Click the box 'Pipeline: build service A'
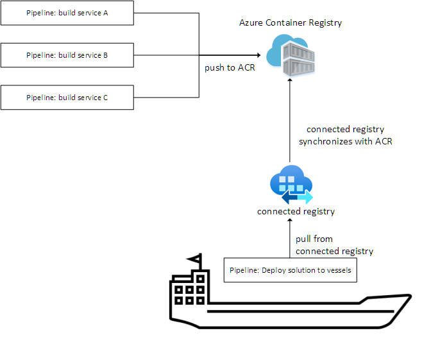pos(67,13)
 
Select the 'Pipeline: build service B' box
pos(67,55)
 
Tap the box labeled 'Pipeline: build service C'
pos(67,98)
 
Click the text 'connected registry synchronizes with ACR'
pos(345,135)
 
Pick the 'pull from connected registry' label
pos(334,244)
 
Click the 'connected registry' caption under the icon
pos(296,211)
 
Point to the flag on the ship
pos(195,260)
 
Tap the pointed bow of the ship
pos(404,298)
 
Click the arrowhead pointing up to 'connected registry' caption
pos(290,221)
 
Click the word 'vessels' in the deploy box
pos(337,270)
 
